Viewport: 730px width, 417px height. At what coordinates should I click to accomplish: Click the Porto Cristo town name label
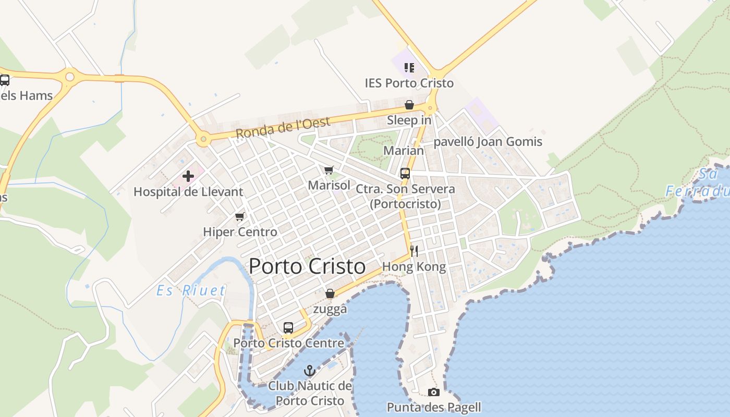[x=307, y=266]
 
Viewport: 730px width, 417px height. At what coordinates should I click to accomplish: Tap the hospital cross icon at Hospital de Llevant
[x=188, y=176]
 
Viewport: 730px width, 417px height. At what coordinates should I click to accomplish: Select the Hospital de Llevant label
[x=188, y=192]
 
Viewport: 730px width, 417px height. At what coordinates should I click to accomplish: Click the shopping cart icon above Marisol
[x=328, y=170]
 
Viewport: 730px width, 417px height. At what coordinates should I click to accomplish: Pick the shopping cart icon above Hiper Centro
[x=239, y=216]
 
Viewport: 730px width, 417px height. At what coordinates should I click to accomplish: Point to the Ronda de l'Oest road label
[x=283, y=128]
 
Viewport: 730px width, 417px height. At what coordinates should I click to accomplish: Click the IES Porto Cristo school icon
[x=409, y=68]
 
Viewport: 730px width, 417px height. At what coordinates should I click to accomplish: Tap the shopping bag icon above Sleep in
[x=409, y=105]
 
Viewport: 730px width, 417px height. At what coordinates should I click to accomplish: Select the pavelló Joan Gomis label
[x=488, y=142]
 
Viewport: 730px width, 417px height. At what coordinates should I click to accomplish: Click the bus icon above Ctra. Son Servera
[x=405, y=174]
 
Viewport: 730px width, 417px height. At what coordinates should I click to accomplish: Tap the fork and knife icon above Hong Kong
[x=414, y=251]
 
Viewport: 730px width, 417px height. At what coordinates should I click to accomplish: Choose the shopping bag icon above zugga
[x=330, y=294]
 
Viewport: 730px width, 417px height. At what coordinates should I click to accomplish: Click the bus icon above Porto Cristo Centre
[x=288, y=328]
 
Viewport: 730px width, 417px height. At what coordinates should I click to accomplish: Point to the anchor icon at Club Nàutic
[x=310, y=371]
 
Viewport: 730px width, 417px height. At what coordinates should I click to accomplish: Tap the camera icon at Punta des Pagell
[x=433, y=392]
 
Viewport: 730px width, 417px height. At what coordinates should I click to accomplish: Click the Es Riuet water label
[x=191, y=290]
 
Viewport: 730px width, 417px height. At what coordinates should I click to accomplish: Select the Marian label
[x=404, y=151]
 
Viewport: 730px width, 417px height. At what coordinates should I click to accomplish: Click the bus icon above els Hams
[x=5, y=80]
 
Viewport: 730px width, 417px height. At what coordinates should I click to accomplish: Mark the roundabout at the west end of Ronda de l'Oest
[x=203, y=139]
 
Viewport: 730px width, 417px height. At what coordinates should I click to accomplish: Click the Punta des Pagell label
[x=434, y=407]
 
